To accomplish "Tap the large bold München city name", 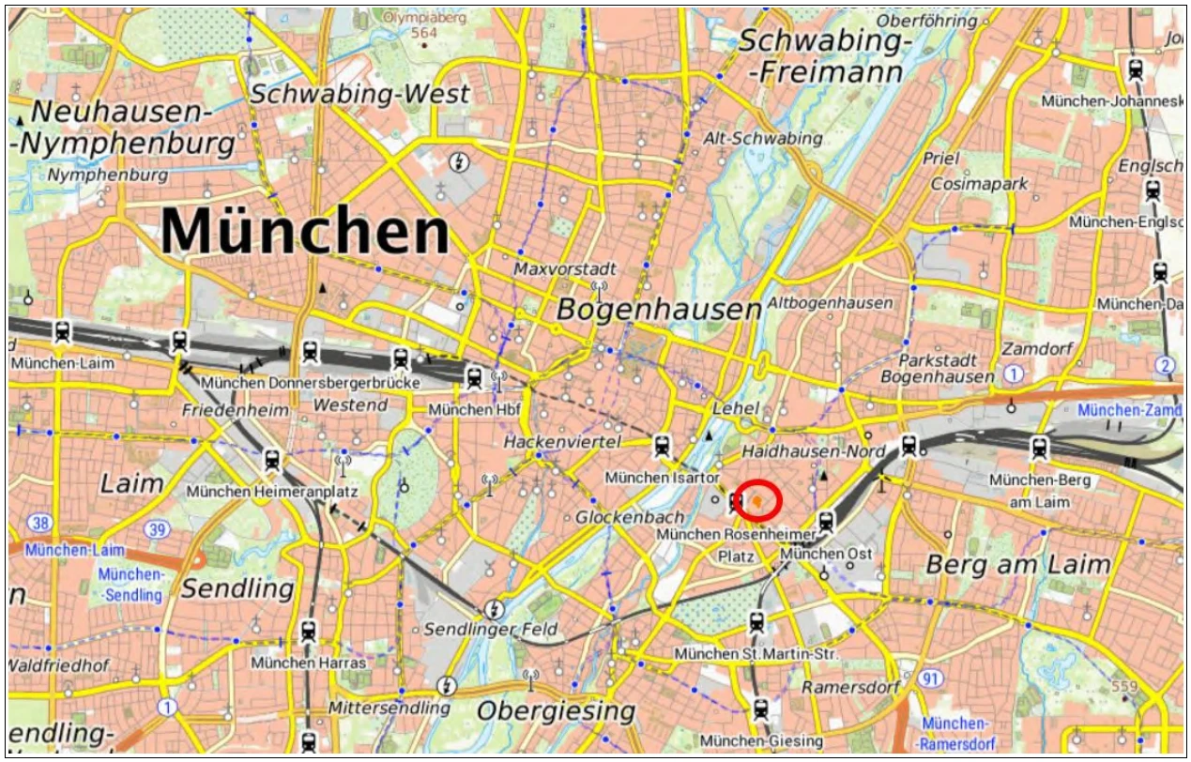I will pos(305,230).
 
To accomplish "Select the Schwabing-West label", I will pos(360,95).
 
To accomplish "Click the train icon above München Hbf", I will pos(474,377).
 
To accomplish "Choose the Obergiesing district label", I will pos(556,711).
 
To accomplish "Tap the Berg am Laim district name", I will pos(1018,565).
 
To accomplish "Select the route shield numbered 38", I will pos(40,523).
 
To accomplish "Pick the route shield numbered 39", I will pos(159,530).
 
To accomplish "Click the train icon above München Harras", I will pos(309,632).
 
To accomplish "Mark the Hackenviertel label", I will pos(563,441).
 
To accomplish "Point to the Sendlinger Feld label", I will pos(491,630).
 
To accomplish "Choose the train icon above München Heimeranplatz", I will pos(272,461).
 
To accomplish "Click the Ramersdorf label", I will pos(850,688).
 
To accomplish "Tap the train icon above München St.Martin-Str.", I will pos(756,622).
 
